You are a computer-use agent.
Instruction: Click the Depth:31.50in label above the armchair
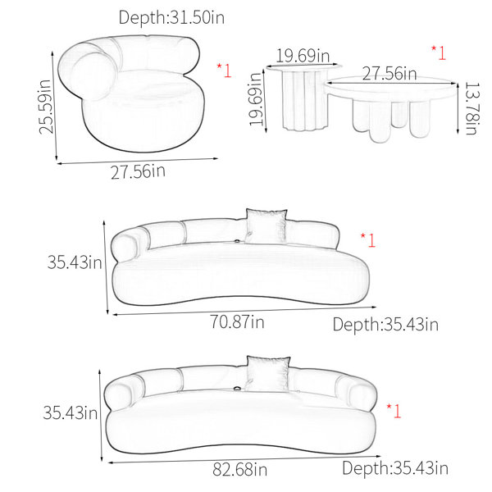pyautogui.click(x=171, y=17)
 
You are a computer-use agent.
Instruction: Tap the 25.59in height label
pyautogui.click(x=45, y=107)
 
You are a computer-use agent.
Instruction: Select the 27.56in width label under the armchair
pyautogui.click(x=138, y=171)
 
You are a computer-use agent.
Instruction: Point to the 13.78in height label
pyautogui.click(x=472, y=108)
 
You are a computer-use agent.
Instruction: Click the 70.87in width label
pyautogui.click(x=237, y=322)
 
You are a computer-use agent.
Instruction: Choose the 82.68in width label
pyautogui.click(x=240, y=470)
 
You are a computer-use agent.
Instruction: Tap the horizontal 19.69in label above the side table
pyautogui.click(x=303, y=56)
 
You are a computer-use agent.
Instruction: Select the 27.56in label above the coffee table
pyautogui.click(x=389, y=74)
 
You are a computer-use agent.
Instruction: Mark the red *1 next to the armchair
pyautogui.click(x=224, y=71)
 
